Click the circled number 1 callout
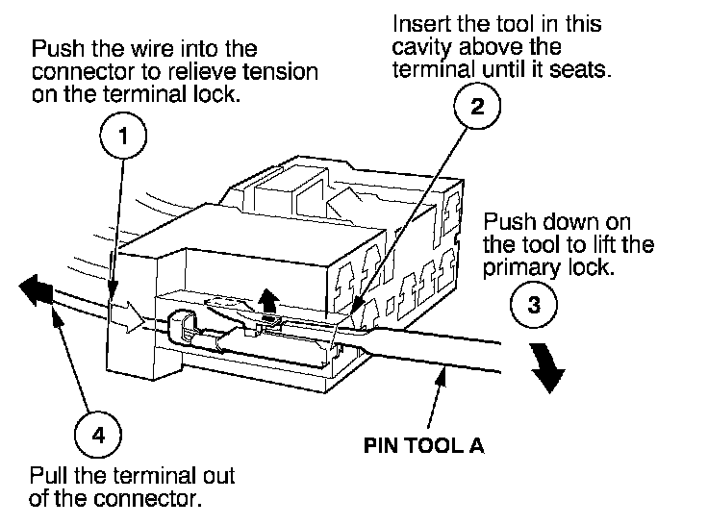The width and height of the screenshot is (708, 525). pyautogui.click(x=122, y=137)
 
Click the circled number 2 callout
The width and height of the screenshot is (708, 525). pyautogui.click(x=476, y=107)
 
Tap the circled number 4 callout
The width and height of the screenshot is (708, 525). pyautogui.click(x=97, y=435)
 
